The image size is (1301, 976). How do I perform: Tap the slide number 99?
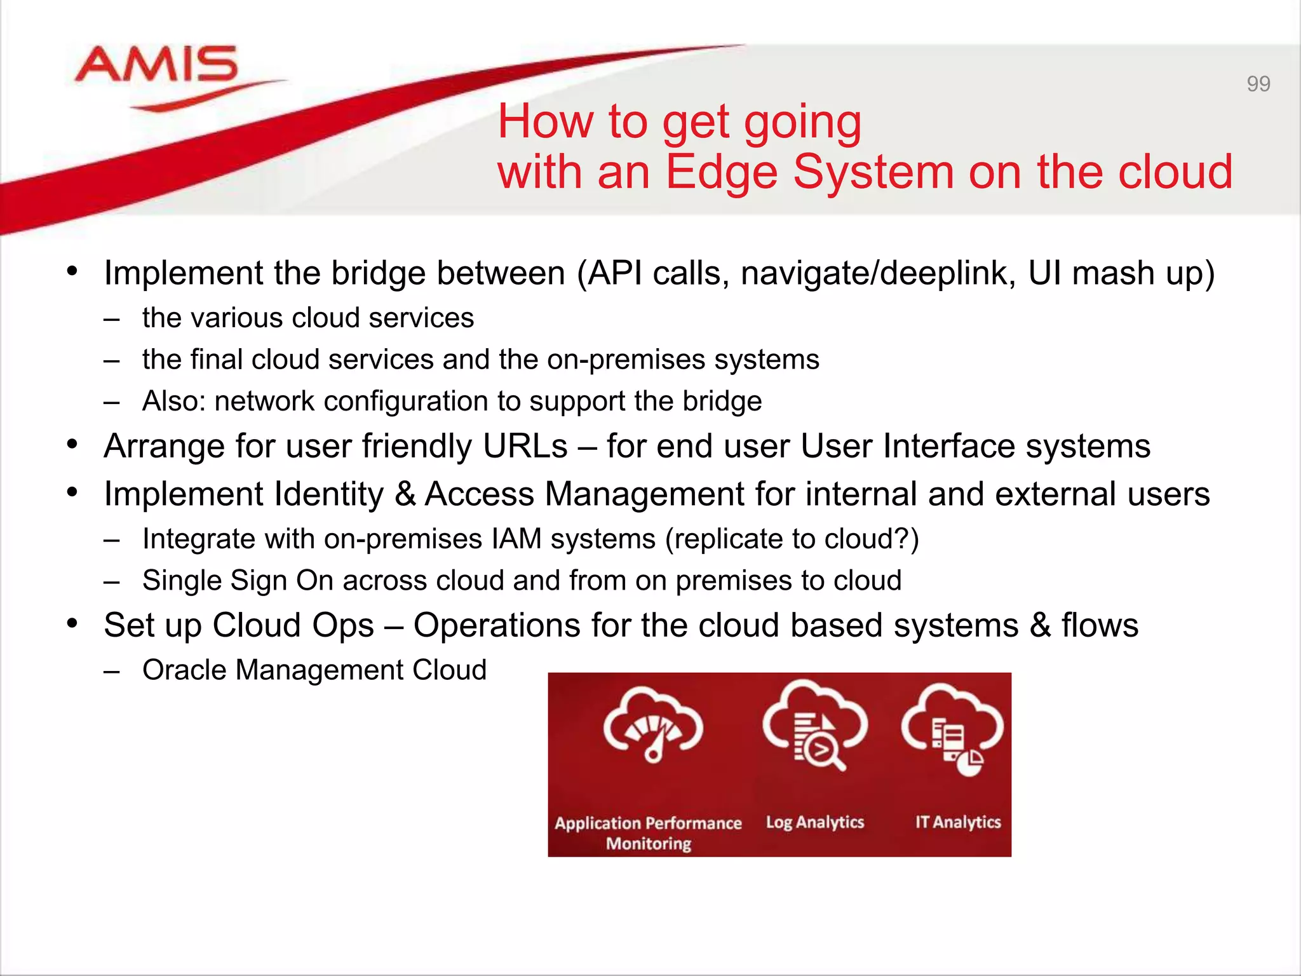[x=1258, y=84]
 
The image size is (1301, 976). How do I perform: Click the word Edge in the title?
[x=722, y=172]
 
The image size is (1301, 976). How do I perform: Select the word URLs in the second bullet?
[x=525, y=446]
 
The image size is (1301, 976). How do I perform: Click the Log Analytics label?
[x=814, y=822]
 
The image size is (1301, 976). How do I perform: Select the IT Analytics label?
[x=957, y=822]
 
